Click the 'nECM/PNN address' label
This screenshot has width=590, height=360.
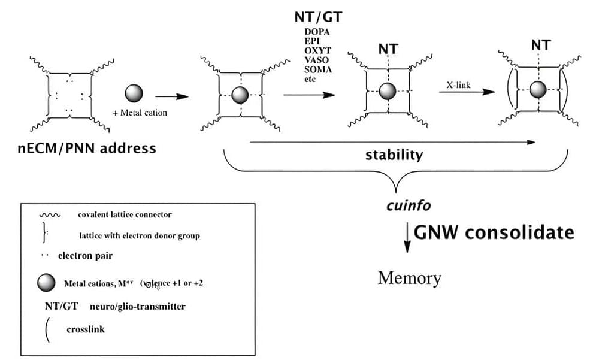tap(87, 147)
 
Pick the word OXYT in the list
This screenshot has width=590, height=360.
tap(317, 51)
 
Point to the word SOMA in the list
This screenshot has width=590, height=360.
tap(317, 70)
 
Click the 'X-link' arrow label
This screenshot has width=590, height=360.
tap(458, 85)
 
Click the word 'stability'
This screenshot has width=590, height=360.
tap(394, 155)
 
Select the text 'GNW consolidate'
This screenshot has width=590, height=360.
tap(494, 232)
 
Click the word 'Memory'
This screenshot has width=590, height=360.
tap(409, 278)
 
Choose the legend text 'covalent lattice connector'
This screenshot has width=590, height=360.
tap(125, 214)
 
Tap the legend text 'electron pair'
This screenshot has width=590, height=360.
tap(85, 256)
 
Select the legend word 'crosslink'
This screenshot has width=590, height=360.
tap(86, 329)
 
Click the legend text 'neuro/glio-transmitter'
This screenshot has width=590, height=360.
tap(137, 306)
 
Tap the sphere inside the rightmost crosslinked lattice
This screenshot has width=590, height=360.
tap(538, 90)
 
